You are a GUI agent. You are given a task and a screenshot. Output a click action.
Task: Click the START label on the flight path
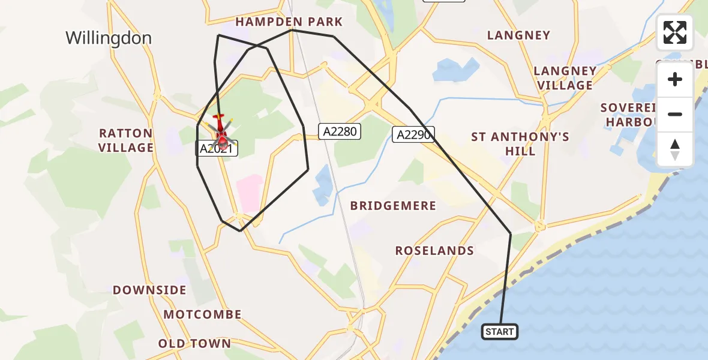(500, 332)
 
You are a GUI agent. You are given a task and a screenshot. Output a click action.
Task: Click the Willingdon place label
(109, 38)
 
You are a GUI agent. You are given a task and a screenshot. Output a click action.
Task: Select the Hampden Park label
(289, 22)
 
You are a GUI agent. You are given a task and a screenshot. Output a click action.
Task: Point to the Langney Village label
(565, 78)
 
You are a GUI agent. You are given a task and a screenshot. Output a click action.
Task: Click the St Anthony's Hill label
(520, 144)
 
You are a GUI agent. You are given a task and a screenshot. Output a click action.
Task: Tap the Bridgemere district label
(393, 206)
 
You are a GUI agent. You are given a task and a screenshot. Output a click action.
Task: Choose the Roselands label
(434, 251)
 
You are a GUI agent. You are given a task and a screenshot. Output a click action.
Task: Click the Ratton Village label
(126, 140)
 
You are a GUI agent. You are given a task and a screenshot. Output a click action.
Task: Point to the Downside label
(149, 290)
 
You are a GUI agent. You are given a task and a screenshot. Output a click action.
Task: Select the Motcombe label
(202, 314)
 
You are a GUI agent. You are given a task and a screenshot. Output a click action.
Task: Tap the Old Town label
(194, 344)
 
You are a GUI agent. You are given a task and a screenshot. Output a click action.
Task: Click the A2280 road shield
(340, 131)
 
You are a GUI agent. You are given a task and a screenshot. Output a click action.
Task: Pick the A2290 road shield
(414, 134)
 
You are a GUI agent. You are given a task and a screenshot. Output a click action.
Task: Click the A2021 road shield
(217, 149)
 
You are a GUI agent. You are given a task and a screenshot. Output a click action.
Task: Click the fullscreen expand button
(675, 32)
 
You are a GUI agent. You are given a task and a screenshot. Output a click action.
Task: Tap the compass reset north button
(675, 149)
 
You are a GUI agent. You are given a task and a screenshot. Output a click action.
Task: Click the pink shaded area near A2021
(250, 193)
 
